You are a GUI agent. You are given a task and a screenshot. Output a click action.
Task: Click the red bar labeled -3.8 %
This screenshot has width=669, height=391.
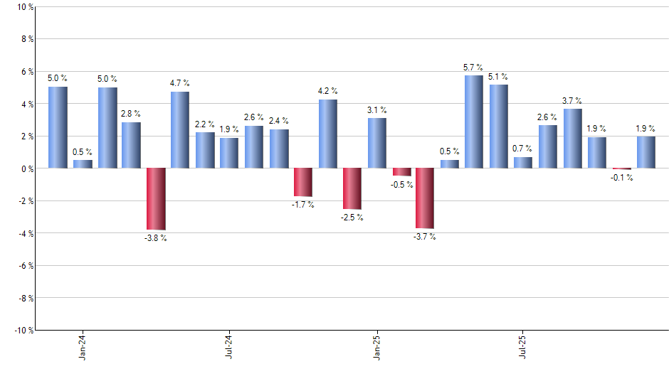tap(156, 199)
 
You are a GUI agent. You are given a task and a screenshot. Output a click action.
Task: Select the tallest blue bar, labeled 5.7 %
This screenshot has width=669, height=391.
tap(474, 122)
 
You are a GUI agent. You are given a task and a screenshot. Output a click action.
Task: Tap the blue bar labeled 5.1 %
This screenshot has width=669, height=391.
tap(498, 127)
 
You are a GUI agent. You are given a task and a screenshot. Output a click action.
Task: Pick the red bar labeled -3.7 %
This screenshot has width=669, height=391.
tap(425, 198)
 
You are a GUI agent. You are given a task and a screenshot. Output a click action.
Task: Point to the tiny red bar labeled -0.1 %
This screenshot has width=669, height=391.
tap(621, 169)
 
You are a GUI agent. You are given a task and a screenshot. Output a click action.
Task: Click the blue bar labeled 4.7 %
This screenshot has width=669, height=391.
tap(180, 130)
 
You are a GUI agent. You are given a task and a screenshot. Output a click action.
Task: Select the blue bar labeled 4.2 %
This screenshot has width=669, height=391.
tap(327, 134)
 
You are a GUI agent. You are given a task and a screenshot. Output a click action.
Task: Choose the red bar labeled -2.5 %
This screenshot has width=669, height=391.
tap(352, 188)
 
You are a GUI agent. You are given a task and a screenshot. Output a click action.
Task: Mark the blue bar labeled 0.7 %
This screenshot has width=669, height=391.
tap(523, 163)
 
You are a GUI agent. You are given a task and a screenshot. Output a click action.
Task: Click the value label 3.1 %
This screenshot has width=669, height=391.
tap(377, 110)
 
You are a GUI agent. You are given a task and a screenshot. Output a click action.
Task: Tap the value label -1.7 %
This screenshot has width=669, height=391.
tap(302, 205)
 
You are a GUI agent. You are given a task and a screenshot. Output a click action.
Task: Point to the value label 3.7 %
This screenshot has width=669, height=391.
tap(572, 101)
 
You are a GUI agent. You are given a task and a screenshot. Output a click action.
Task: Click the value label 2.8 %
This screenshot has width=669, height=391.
tap(131, 114)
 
